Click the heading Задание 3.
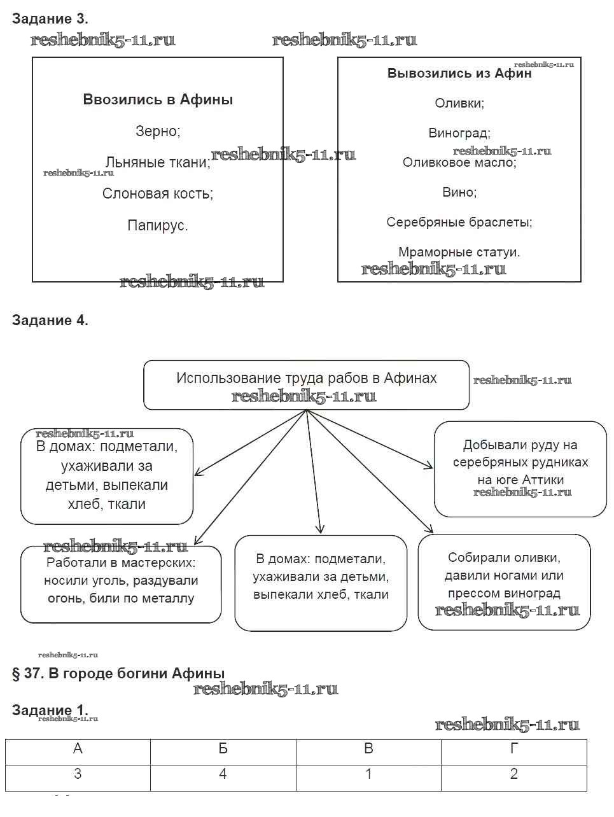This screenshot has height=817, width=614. pos(50,19)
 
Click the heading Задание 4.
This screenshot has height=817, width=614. pos(50,321)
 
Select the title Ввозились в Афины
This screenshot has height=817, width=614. pos(158,100)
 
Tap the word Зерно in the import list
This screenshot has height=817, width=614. pos(158,132)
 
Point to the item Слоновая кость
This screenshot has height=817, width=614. pos(158,194)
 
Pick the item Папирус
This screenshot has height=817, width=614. pos(158,225)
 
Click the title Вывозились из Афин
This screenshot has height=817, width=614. pos(459,73)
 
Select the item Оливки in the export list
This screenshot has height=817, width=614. pos(459,103)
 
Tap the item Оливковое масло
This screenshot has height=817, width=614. pos(459,163)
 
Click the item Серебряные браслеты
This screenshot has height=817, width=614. pos(459,222)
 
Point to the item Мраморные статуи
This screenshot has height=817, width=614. pos(459,252)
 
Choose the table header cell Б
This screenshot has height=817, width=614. pos(223,749)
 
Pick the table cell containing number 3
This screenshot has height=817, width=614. pos(78,774)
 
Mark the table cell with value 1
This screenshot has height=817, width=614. pos(368,774)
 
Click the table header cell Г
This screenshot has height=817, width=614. pos(513,749)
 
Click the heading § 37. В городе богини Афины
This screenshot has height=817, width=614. pos(118,674)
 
